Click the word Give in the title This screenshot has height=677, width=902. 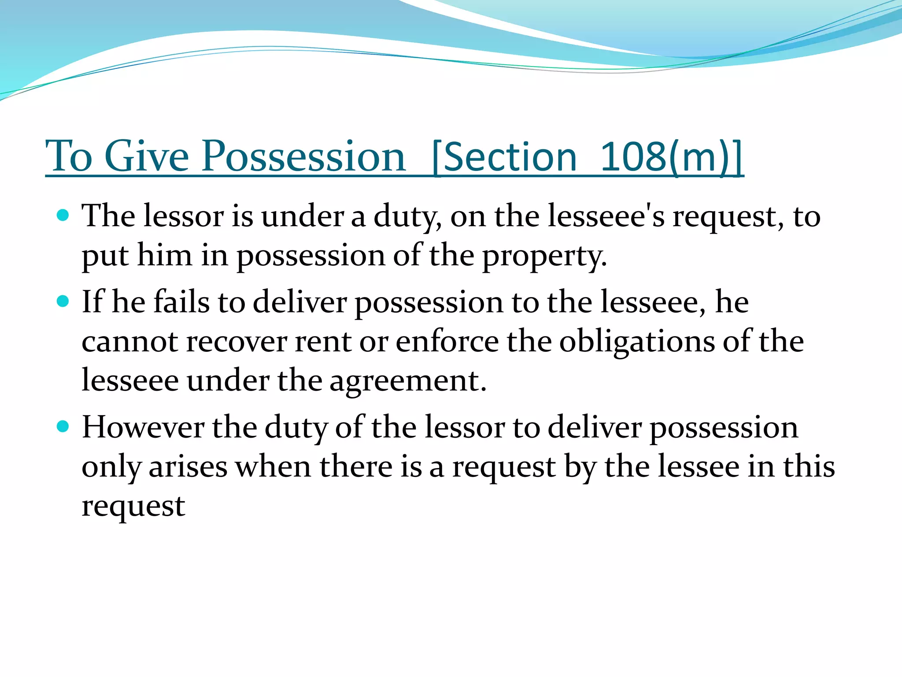147,156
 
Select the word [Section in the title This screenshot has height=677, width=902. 504,157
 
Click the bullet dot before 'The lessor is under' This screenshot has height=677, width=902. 63,215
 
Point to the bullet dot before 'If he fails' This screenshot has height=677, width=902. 63,301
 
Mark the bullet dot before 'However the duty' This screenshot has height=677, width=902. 63,427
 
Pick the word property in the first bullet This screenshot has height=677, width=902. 544,256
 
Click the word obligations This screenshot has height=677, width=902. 637,342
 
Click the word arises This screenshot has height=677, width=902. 188,466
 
